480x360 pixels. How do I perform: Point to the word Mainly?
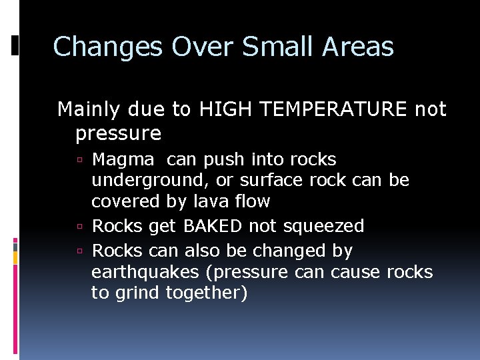[87, 109]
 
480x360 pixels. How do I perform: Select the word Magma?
[123, 160]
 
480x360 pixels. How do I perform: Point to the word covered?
[121, 201]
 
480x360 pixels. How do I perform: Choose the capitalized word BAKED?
[213, 227]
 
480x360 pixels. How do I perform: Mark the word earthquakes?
[145, 273]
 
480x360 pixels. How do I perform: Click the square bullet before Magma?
[79, 161]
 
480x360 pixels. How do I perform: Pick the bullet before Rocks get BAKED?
[79, 227]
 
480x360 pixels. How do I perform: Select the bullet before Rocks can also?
[79, 252]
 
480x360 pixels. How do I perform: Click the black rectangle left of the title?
[15, 45]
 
